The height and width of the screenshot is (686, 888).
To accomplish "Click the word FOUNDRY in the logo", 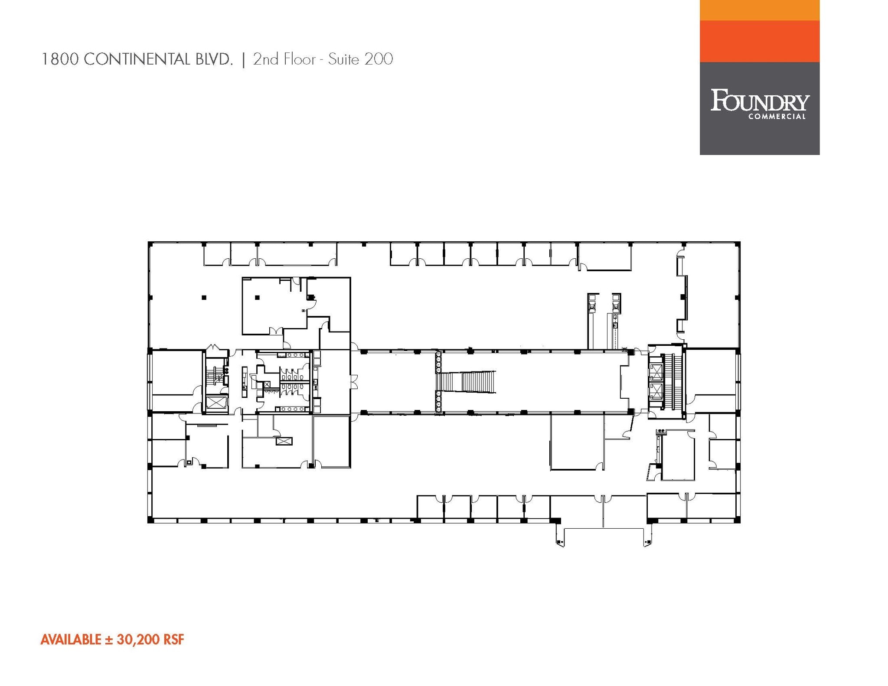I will click(759, 101).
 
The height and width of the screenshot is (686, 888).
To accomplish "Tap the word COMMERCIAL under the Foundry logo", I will click(777, 117).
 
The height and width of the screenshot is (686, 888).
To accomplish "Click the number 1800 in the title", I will click(60, 59).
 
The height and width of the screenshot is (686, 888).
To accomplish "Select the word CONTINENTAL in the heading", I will click(137, 59).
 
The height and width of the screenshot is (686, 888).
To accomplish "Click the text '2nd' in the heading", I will click(266, 59).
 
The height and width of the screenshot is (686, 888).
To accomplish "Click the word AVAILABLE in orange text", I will click(71, 640).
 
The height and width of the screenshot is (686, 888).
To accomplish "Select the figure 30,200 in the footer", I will click(137, 640).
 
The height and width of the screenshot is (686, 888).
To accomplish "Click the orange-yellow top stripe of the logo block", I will click(759, 10).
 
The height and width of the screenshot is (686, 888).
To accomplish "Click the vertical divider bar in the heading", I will click(243, 59).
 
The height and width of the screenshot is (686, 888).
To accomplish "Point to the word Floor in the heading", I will click(299, 59).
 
